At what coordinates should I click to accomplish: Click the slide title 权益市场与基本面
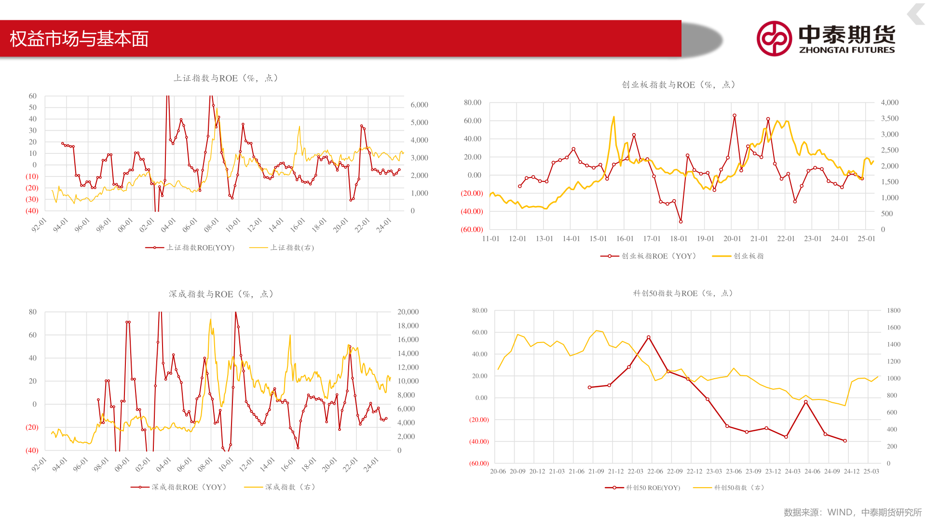tap(79, 39)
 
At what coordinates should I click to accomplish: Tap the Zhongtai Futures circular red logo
tap(774, 39)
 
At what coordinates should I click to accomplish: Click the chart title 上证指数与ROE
tap(225, 78)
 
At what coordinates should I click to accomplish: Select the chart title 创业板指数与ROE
tap(678, 85)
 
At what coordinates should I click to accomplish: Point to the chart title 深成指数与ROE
tap(221, 294)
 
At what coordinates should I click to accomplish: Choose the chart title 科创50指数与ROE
tap(682, 293)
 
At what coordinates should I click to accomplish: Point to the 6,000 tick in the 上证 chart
tap(419, 105)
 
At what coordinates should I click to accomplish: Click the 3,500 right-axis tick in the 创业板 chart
tap(889, 118)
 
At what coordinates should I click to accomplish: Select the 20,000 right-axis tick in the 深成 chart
tap(408, 312)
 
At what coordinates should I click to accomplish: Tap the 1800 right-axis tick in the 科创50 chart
tap(893, 311)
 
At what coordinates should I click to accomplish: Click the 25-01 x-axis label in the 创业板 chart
tap(866, 239)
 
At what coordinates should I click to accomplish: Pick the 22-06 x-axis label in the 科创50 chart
tap(655, 471)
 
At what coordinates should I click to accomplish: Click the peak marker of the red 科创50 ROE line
tap(649, 338)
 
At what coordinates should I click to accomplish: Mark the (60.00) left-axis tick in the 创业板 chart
tap(472, 230)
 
